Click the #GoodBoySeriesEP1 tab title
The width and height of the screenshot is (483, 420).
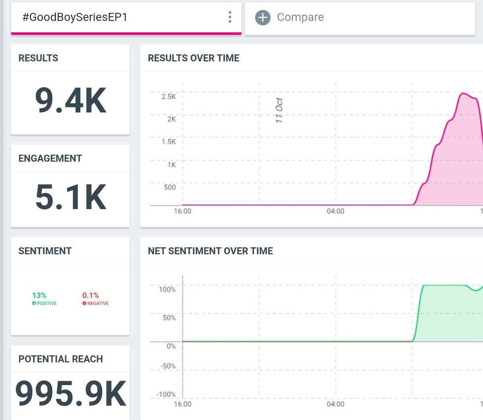[x=75, y=17]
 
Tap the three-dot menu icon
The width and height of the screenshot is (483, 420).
[x=230, y=17]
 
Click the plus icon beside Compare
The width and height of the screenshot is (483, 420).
[x=262, y=17]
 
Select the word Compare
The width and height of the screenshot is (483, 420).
[x=300, y=17]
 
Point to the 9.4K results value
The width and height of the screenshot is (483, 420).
[x=70, y=101]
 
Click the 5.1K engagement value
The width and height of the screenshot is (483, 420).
[x=70, y=197]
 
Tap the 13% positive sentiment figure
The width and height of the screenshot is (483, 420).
[x=39, y=295]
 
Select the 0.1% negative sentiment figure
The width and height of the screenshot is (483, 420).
[x=91, y=295]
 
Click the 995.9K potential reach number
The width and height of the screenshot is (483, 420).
[x=70, y=393]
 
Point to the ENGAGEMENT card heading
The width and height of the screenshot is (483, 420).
[x=50, y=159]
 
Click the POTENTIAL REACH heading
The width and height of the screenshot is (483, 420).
[x=61, y=359]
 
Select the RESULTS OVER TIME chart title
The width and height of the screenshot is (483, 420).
[x=194, y=58]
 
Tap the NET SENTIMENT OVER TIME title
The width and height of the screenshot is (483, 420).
[x=211, y=251]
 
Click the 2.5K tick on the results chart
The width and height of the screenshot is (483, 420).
[x=169, y=97]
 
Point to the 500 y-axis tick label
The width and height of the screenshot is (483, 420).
[x=170, y=187]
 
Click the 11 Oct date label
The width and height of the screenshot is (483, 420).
[x=279, y=110]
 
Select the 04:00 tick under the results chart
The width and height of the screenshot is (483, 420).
[x=335, y=211]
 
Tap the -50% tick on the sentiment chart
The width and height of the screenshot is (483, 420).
[x=168, y=366]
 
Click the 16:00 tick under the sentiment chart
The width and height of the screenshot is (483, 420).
[x=182, y=404]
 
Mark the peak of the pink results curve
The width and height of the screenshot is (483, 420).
[x=463, y=93]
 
